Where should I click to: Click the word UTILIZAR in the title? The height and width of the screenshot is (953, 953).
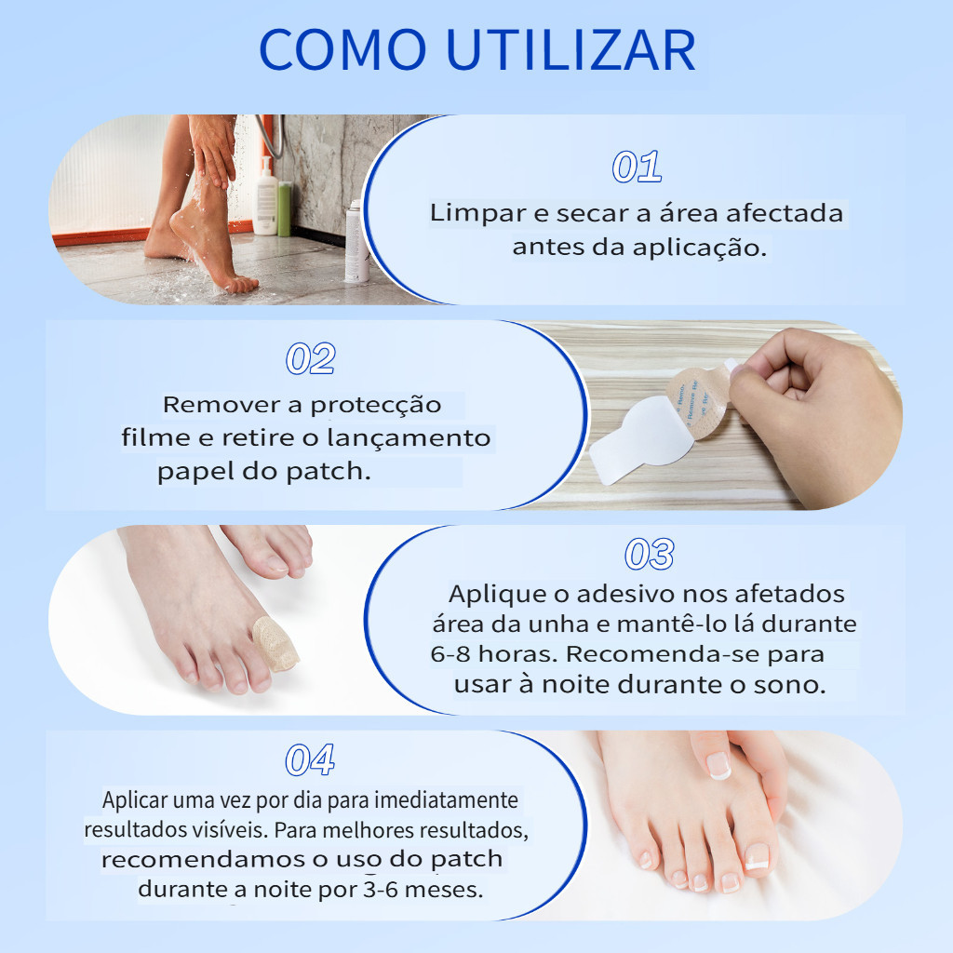[571, 50]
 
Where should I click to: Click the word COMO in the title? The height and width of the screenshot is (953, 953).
[342, 50]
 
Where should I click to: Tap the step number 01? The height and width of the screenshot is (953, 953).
[637, 167]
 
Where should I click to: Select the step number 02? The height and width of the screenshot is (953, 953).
[311, 358]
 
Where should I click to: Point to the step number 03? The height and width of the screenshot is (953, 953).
[650, 555]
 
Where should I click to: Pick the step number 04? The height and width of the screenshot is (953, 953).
[310, 759]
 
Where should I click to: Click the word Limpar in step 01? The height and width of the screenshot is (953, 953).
[478, 213]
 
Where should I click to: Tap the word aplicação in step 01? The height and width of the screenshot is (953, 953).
[700, 248]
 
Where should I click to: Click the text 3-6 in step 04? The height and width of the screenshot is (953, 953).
[381, 889]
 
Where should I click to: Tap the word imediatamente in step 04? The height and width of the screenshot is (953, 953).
[446, 799]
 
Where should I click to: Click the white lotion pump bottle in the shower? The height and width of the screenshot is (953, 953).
[265, 196]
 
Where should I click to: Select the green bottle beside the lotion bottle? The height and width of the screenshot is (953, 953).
[285, 209]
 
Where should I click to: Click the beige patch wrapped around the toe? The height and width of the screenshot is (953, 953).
[275, 644]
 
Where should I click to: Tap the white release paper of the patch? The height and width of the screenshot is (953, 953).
[638, 439]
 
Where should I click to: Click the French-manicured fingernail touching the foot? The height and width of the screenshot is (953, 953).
[718, 765]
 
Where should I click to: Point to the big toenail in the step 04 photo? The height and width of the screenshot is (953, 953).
[758, 857]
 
